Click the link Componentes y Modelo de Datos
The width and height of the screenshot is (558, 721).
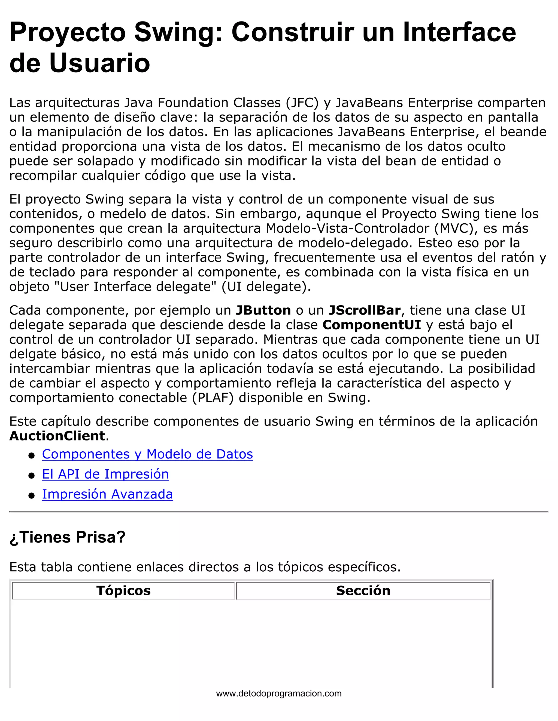[147, 454]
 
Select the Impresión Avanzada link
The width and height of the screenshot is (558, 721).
[107, 494]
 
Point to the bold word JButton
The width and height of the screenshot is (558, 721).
[263, 310]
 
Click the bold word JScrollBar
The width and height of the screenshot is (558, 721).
[364, 310]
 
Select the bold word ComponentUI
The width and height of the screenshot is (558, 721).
[372, 325]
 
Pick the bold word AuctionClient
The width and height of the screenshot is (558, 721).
[57, 436]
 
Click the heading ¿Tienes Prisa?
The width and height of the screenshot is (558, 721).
[68, 537]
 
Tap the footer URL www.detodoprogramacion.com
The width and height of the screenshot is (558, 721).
[279, 694]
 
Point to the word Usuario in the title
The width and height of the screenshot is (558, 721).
[99, 63]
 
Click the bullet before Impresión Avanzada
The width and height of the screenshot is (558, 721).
[32, 495]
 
